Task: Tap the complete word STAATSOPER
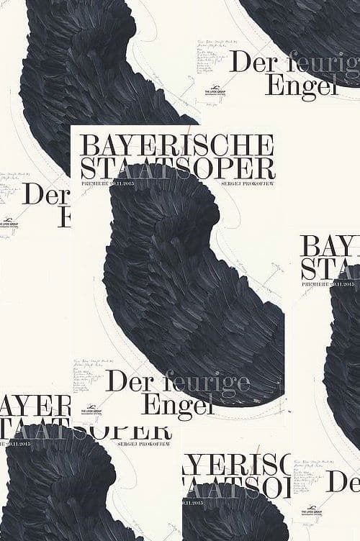coord(178,168)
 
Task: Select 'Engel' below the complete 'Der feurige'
coord(179,404)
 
